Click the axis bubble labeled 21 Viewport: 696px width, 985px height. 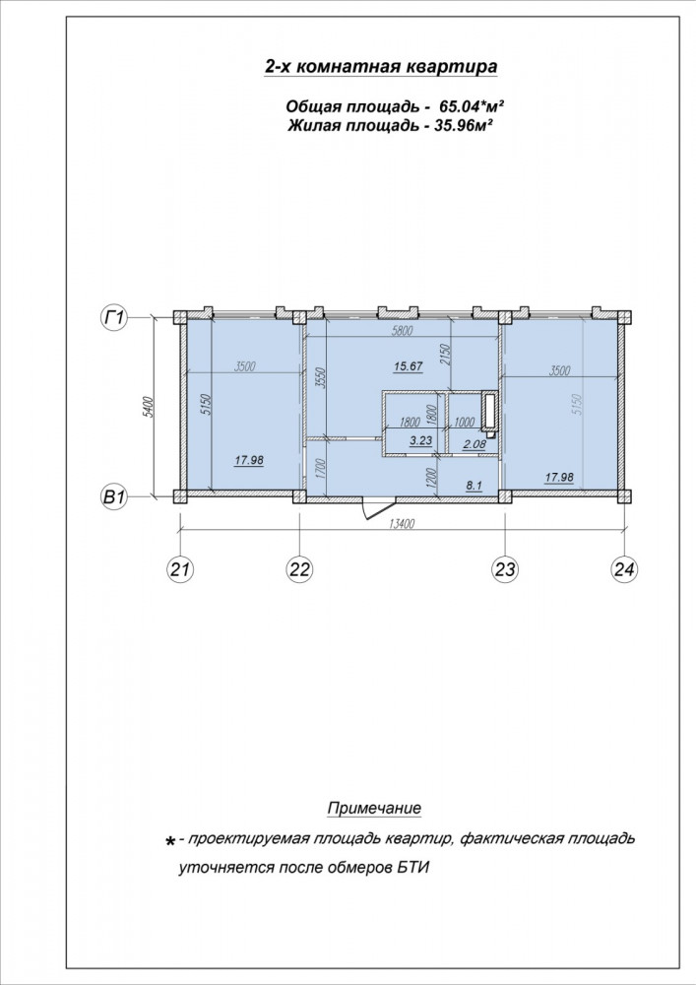pyautogui.click(x=180, y=569)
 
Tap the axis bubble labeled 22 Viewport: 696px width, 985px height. pyautogui.click(x=300, y=569)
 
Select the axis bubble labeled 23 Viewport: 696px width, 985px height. pyautogui.click(x=505, y=569)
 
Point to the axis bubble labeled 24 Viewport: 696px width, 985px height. pyautogui.click(x=624, y=569)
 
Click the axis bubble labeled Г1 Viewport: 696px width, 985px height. pyautogui.click(x=113, y=318)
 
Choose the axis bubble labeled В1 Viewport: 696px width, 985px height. pyautogui.click(x=113, y=497)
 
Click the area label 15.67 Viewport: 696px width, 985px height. pyautogui.click(x=408, y=366)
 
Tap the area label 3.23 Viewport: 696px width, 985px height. pyautogui.click(x=420, y=440)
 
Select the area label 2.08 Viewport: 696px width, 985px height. pyautogui.click(x=474, y=445)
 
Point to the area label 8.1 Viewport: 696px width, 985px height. pyautogui.click(x=474, y=485)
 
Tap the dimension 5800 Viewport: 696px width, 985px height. pyautogui.click(x=402, y=331)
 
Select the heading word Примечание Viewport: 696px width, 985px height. pyautogui.click(x=374, y=808)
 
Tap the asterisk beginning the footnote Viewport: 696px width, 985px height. pyautogui.click(x=169, y=842)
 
